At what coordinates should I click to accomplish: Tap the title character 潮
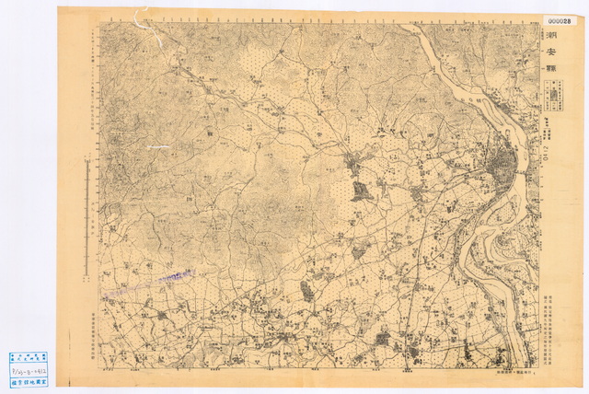click(550, 36)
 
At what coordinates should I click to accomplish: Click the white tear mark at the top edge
click(141, 17)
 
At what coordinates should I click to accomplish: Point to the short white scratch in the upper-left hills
click(156, 145)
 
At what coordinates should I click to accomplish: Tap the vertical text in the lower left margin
click(94, 326)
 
